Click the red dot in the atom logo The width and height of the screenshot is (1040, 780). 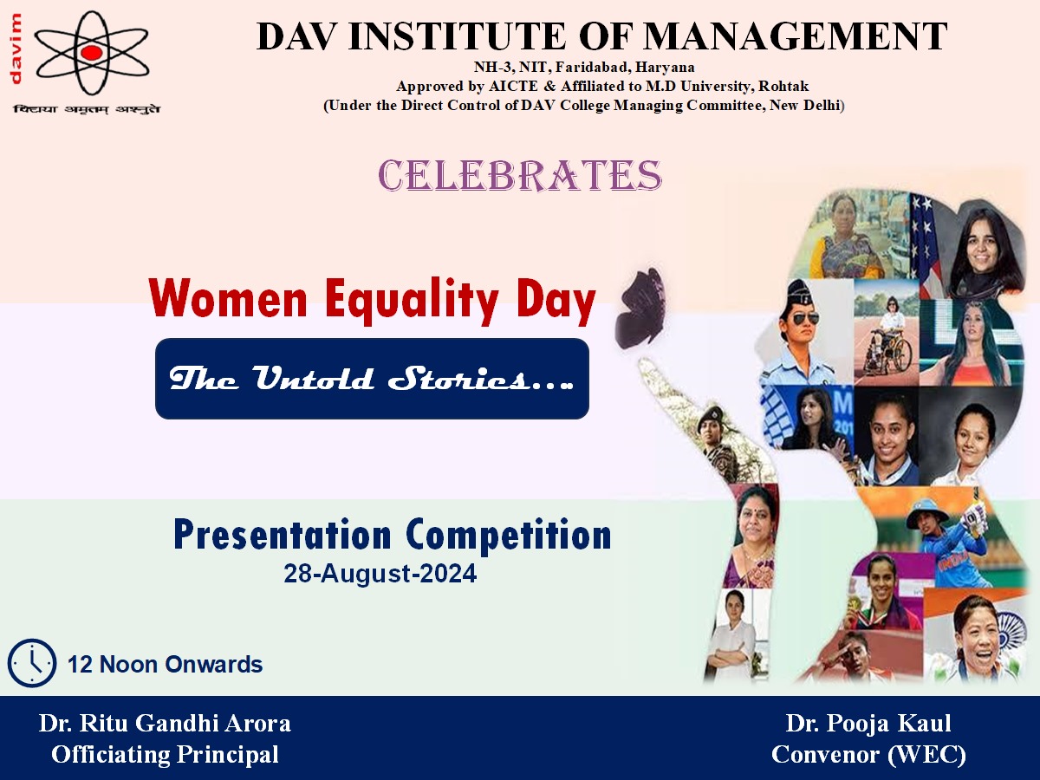pos(92,53)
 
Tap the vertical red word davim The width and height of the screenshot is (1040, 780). pos(16,49)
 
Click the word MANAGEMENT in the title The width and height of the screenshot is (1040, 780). pos(796,36)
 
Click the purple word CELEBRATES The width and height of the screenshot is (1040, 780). pos(520,175)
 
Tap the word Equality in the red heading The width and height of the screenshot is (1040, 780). pos(412,300)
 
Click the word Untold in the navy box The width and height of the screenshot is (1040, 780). pos(313,378)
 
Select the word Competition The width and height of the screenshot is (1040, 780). pos(509,535)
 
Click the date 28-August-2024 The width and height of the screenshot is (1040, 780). pos(380,574)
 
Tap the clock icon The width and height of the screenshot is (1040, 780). pos(32,663)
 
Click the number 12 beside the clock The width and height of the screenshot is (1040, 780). pos(80,665)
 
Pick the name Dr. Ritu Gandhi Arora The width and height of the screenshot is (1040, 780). pos(165,723)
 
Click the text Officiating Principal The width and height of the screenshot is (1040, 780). pos(165,754)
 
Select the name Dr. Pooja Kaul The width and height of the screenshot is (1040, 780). pos(868,723)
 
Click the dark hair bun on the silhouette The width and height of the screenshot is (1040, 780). pos(640,308)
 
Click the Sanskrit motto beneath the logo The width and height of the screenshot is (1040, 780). pos(87,109)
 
